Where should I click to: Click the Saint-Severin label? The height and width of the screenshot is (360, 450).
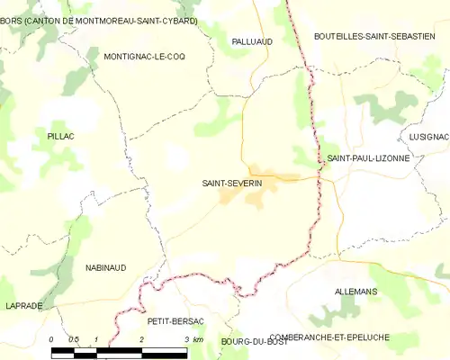point(232,183)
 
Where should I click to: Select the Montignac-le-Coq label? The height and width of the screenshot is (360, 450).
point(144,56)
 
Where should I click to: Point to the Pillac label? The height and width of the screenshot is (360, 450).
point(60,135)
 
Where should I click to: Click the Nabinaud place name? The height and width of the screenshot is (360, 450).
point(105,267)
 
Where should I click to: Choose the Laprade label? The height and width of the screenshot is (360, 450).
point(22,306)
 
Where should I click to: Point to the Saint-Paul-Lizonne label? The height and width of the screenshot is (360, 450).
point(368,157)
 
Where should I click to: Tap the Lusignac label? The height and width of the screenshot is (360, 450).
point(427,136)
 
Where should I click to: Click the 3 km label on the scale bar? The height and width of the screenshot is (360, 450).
point(192,339)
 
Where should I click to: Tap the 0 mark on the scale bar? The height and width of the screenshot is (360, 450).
point(51,339)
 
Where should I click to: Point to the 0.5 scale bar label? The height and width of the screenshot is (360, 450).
point(74,339)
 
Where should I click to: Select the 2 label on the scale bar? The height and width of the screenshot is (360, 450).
point(142,339)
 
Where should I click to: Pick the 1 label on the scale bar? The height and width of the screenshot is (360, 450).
point(96,339)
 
